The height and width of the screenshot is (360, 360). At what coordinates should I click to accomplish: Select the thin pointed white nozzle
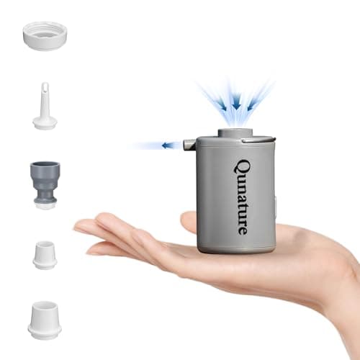pos(45,108)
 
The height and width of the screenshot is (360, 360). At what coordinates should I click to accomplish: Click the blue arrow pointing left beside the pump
pos(171,145)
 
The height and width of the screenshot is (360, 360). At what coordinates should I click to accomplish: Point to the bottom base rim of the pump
pos(235,249)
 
